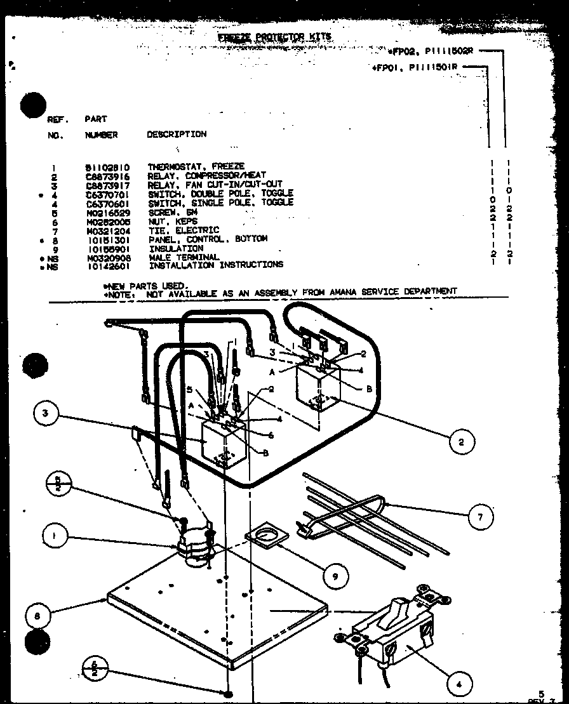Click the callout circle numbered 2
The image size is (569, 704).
pos(461,442)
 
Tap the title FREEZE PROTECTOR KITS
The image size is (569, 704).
pos(275,37)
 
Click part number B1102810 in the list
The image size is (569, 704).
pos(102,167)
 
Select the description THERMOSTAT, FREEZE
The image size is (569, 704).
pos(196,166)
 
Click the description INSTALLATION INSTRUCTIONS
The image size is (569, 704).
pos(216,265)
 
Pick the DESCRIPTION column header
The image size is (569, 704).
pos(177,135)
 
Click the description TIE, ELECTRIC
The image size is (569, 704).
pos(184,230)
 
